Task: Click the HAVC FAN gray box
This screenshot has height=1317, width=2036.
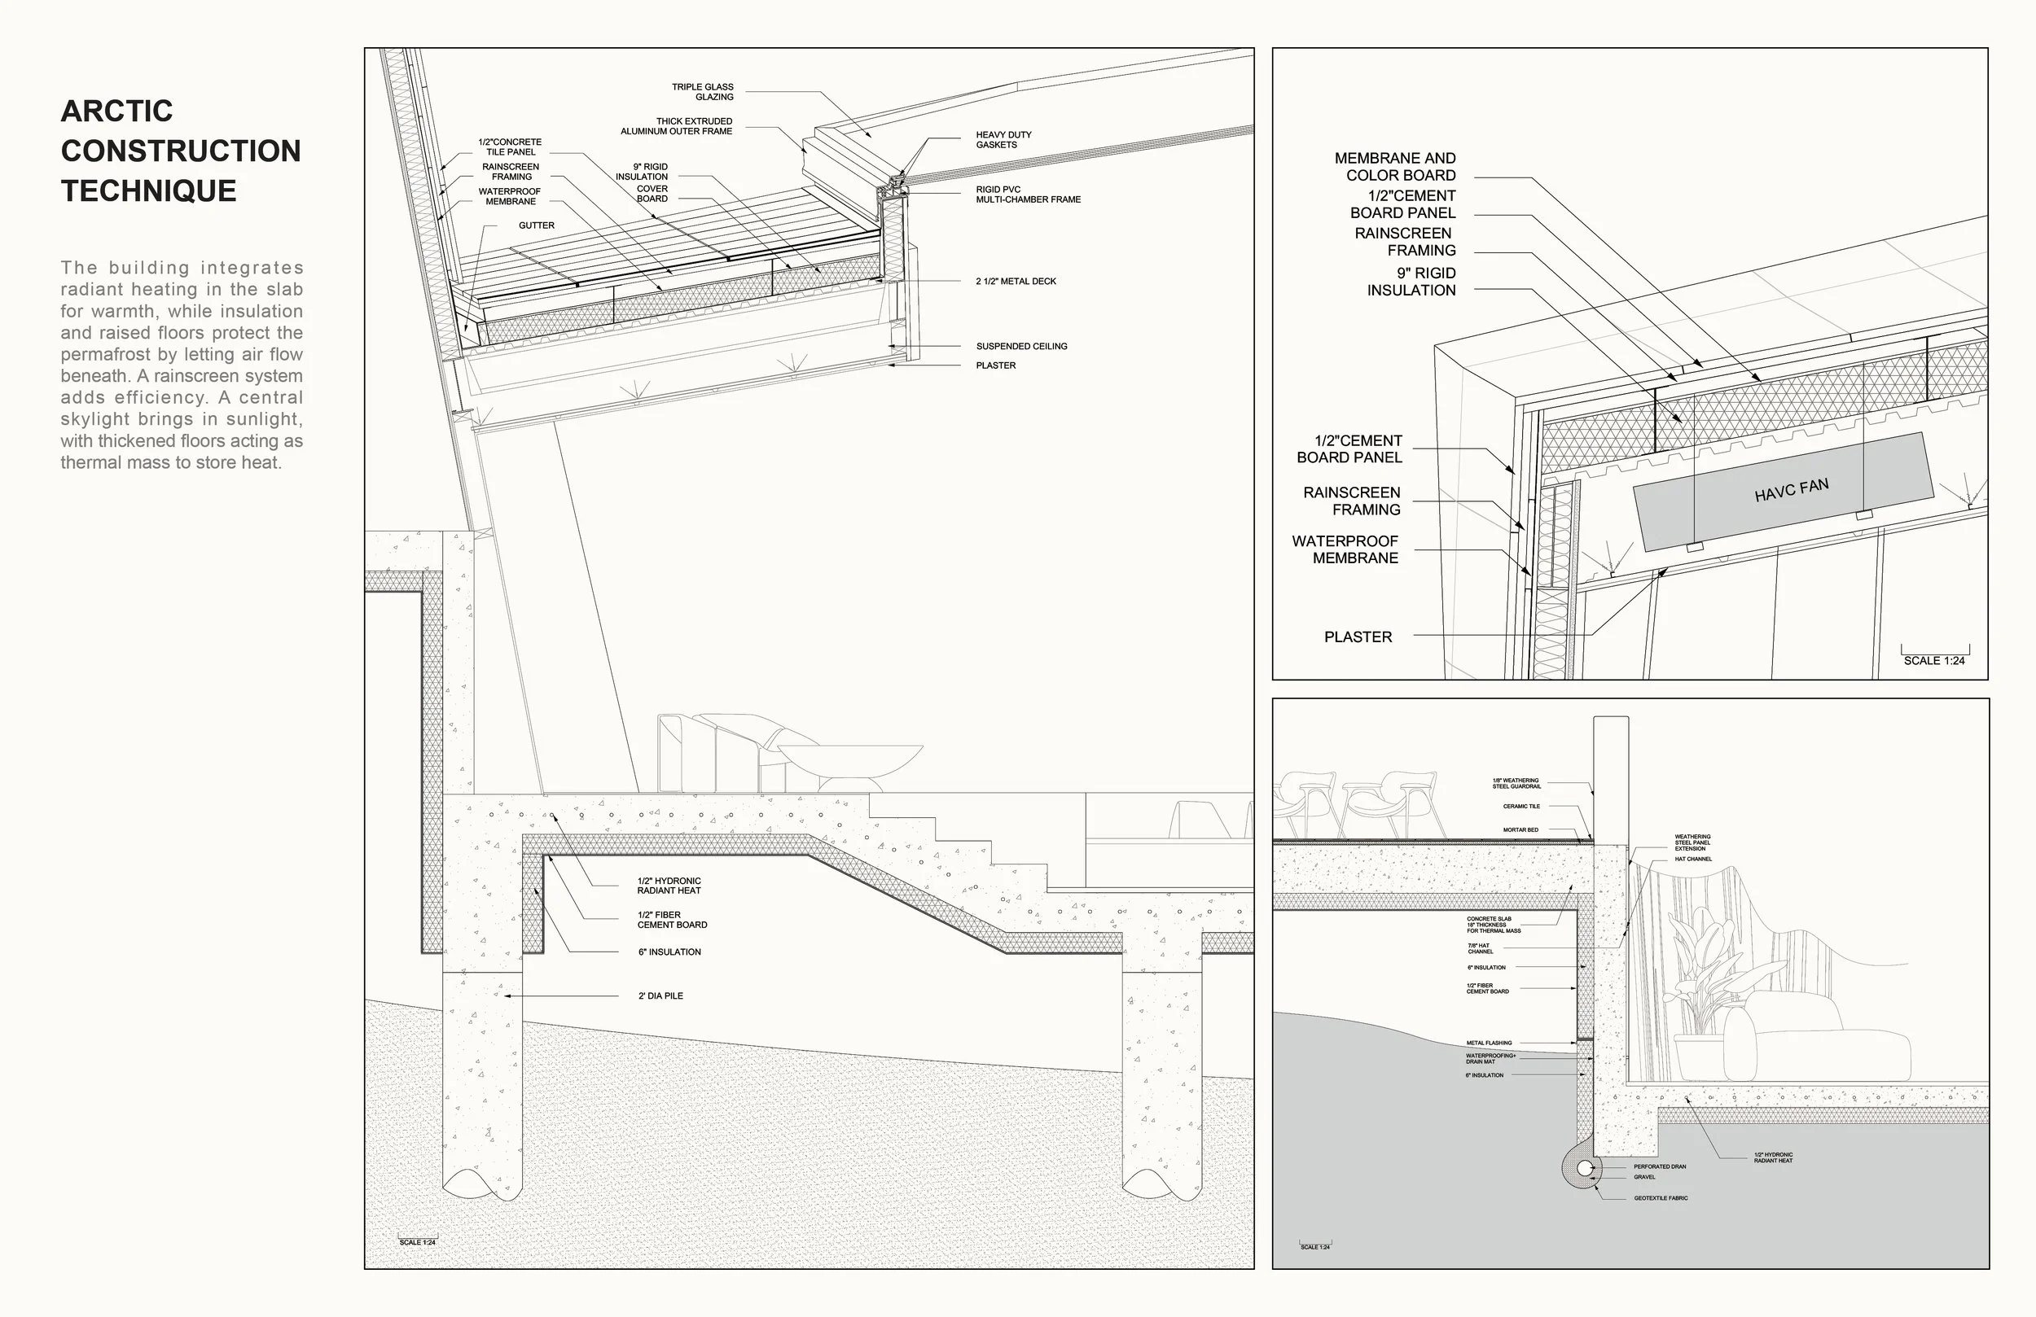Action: pyautogui.click(x=1784, y=491)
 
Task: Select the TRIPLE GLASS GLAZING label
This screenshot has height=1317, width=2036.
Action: pyautogui.click(x=702, y=91)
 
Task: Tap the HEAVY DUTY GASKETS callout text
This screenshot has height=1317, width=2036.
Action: pyautogui.click(x=1003, y=139)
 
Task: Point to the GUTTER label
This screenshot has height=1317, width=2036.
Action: pyautogui.click(x=537, y=225)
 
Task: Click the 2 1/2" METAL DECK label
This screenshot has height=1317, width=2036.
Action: pyautogui.click(x=1016, y=282)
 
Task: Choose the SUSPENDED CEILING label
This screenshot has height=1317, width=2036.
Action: pyautogui.click(x=1021, y=347)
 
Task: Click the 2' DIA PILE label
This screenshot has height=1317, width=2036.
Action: pyautogui.click(x=660, y=996)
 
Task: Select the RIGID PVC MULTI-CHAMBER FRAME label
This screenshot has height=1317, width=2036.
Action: pyautogui.click(x=1028, y=194)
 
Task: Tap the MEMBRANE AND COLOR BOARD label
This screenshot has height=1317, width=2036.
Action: pyautogui.click(x=1395, y=167)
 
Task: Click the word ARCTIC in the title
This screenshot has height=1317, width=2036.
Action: pyautogui.click(x=117, y=112)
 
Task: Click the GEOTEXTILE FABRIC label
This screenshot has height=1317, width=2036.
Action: pyautogui.click(x=1661, y=1198)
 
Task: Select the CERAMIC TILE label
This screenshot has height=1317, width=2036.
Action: pyautogui.click(x=1521, y=807)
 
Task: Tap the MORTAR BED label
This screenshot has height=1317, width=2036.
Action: pyautogui.click(x=1520, y=829)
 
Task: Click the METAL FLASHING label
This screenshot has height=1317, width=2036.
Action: pyautogui.click(x=1489, y=1044)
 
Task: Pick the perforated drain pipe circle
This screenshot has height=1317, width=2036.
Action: pyautogui.click(x=1585, y=1168)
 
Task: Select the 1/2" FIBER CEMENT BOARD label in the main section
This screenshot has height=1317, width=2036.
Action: pyautogui.click(x=672, y=920)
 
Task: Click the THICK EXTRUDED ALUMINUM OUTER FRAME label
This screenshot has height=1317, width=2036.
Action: pyautogui.click(x=676, y=126)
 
